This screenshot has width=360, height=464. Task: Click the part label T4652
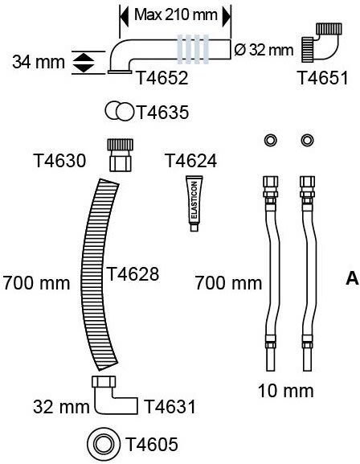point(162,78)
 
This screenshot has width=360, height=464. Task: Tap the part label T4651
point(323,78)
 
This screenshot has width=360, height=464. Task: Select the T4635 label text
point(162,113)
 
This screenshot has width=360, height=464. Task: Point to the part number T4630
point(60,161)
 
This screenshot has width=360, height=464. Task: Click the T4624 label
point(191,161)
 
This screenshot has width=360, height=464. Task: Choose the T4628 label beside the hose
point(133,273)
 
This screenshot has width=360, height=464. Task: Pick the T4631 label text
point(170,406)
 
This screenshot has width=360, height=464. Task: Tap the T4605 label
point(152,444)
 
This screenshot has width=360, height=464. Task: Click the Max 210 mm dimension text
point(176,14)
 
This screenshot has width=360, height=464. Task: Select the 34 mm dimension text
point(39,62)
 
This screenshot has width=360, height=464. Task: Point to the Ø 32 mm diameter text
point(264,50)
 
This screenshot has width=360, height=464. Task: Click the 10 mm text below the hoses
point(286,391)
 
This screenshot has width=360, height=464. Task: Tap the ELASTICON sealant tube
point(194,203)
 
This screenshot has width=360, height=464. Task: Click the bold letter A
point(352,278)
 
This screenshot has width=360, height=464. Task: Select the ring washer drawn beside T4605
point(104,444)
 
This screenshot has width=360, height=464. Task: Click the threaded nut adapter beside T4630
point(120,155)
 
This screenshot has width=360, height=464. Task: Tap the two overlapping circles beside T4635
point(120,111)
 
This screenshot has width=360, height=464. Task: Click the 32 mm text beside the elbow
point(61,407)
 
